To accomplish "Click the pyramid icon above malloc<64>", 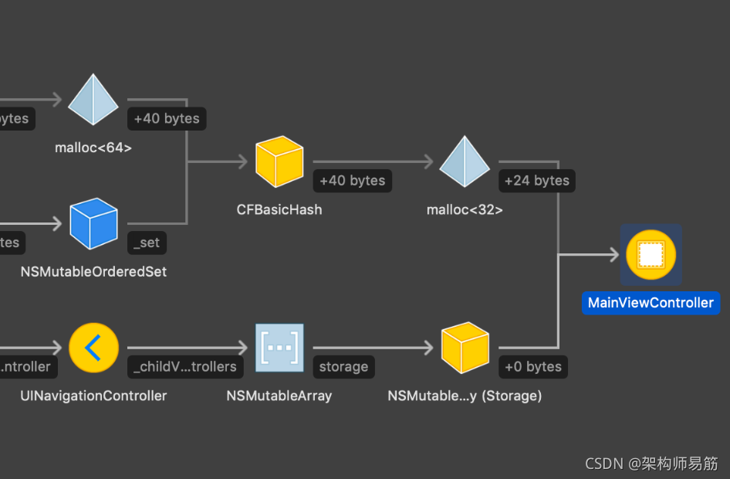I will point(93,100).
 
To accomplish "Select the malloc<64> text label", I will point(93,148).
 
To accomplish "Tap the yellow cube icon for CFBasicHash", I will point(279,161).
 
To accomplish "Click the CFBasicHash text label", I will point(279,209).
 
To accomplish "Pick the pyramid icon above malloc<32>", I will point(465,161).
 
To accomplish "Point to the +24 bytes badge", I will point(536,181).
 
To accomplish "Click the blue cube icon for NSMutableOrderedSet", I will point(93,223).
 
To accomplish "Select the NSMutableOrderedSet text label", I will point(93,272).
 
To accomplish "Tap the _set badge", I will point(147,243).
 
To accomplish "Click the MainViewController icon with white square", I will point(651,254).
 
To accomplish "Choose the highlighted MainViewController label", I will point(651,303).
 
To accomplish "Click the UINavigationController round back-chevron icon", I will point(93,348).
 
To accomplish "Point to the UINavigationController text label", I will point(93,396).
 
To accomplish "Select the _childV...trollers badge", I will point(185,367).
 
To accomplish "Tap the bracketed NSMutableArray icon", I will point(279,348).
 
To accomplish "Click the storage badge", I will point(343,367).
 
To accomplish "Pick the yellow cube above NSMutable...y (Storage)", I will point(465,348).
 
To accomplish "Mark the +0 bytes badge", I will point(532,367).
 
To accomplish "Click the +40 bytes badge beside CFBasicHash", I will point(352,181).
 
